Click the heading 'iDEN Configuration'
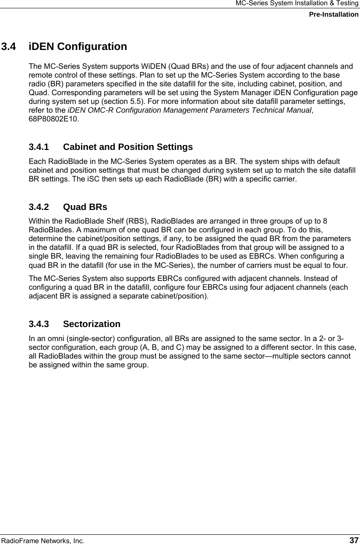[x=78, y=46]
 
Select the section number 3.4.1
[x=41, y=146]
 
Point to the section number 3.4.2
[x=41, y=207]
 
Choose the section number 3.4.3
[x=41, y=324]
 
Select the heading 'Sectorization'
[x=92, y=324]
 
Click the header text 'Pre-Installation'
[x=333, y=14]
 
